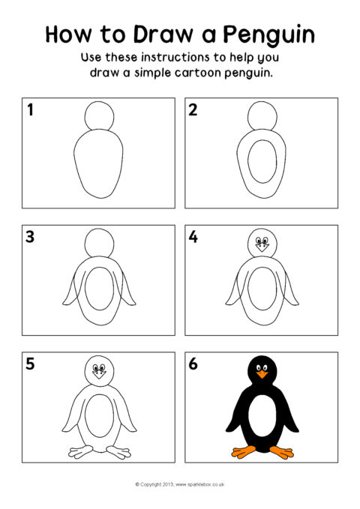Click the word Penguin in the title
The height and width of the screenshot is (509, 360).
(x=268, y=35)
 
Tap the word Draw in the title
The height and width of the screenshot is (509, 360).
(x=163, y=34)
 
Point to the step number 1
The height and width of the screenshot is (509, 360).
(x=30, y=109)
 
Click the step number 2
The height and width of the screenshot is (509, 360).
(x=193, y=109)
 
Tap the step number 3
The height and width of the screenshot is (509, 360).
(x=30, y=237)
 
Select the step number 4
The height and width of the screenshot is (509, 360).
(x=193, y=237)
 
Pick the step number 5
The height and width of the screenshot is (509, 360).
(x=30, y=364)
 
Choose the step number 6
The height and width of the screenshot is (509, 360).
(x=193, y=364)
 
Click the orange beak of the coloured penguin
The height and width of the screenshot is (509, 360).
(x=262, y=375)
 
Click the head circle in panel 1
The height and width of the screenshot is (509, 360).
(x=100, y=101)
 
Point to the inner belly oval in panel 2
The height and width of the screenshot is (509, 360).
(x=248, y=161)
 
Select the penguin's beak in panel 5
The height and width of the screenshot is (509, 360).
(x=99, y=375)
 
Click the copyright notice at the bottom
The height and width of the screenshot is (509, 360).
(x=180, y=484)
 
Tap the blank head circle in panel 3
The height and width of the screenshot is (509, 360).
(x=100, y=229)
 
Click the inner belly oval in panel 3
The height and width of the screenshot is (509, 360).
(x=85, y=289)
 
